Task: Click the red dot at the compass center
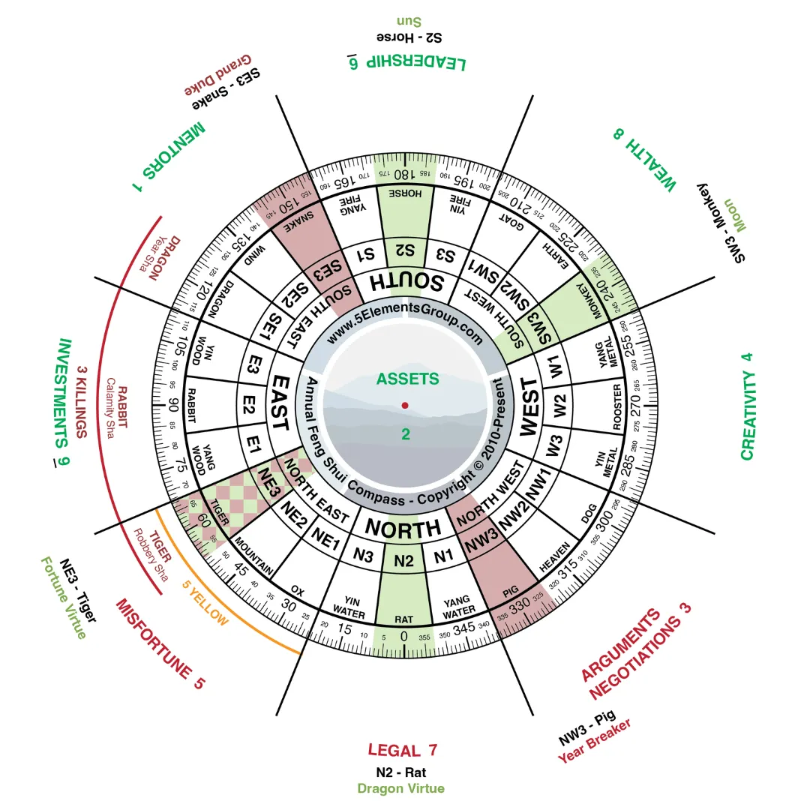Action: point(405,405)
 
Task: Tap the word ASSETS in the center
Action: point(407,379)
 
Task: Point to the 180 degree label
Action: point(405,174)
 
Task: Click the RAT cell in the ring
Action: point(404,619)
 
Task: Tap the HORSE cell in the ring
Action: point(405,193)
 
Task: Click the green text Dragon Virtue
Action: point(400,788)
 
